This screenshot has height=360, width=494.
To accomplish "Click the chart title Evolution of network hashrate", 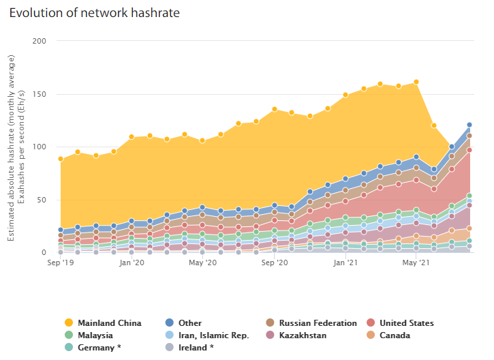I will click(99, 13).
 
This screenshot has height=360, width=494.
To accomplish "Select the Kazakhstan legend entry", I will click(303, 335).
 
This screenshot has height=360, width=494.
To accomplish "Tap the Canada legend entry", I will click(395, 335).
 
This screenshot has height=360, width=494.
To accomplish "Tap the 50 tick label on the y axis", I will click(40, 200).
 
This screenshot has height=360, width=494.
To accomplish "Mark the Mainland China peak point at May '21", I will click(416, 82).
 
